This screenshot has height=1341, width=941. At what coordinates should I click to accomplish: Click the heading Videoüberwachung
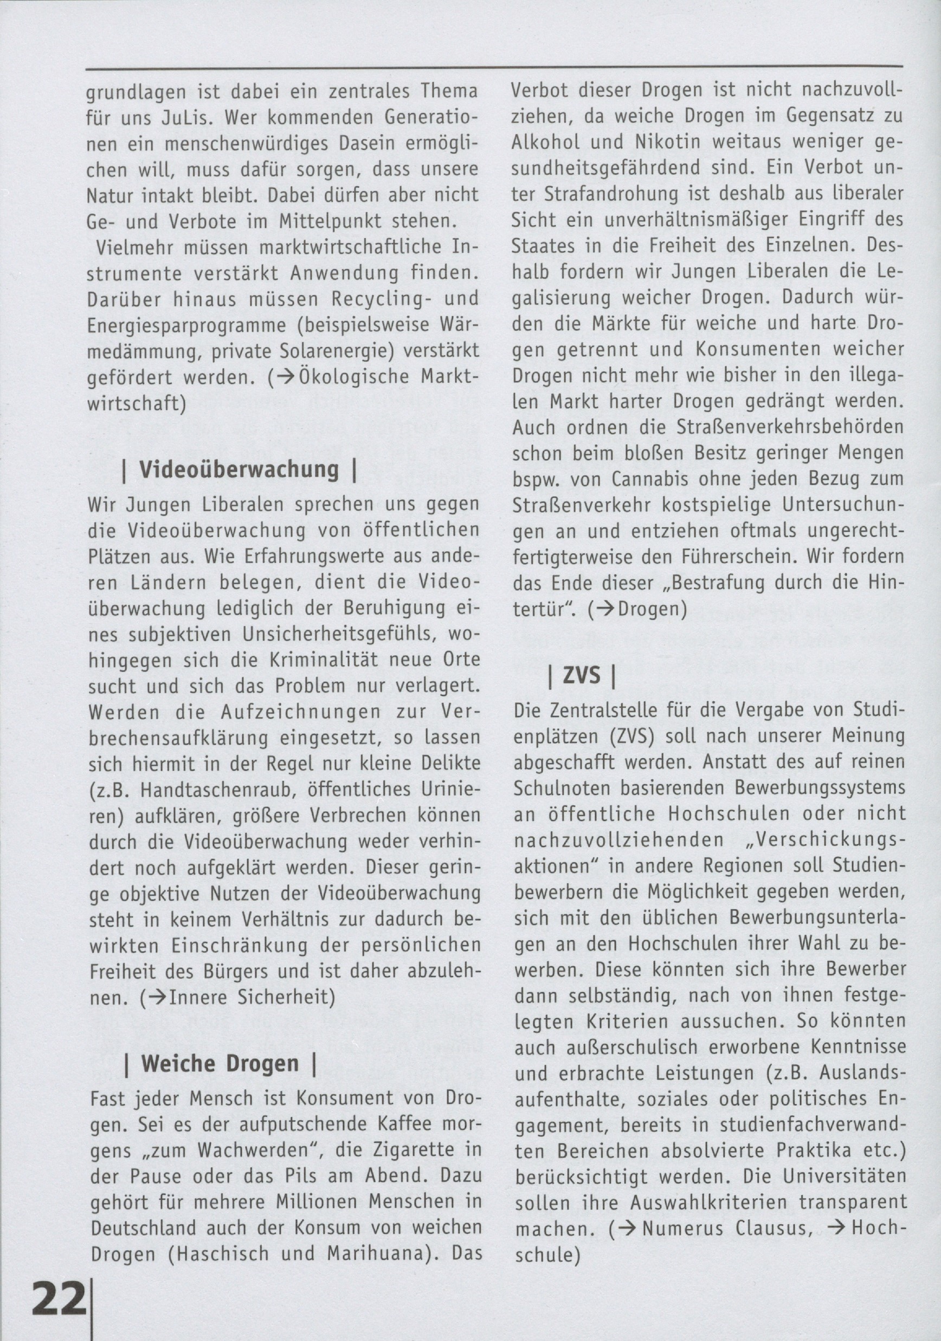[239, 470]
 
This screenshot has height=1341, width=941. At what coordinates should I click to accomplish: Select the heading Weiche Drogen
[220, 1064]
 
